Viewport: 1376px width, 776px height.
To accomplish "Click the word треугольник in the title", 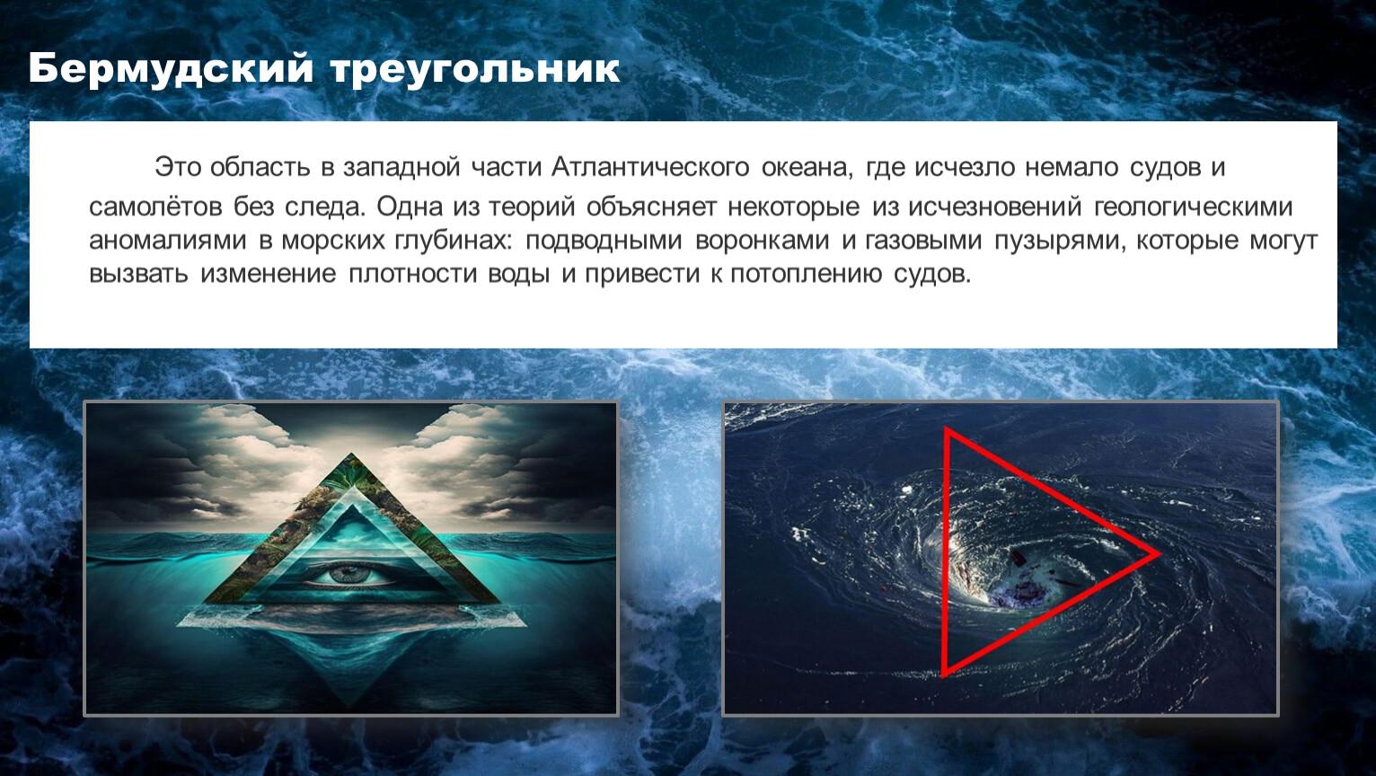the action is click(475, 70).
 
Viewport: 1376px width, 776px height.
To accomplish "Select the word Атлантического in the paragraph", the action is click(650, 167).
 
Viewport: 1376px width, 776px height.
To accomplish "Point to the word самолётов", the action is click(155, 207).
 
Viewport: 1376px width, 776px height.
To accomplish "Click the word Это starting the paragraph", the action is click(178, 167).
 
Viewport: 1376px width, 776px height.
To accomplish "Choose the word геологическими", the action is click(1194, 207).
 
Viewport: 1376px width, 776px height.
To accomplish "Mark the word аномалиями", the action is click(168, 241).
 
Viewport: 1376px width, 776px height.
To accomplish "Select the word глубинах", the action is click(452, 241).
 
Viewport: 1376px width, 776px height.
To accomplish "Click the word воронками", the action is click(763, 240).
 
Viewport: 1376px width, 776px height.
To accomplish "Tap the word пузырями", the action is click(1060, 241).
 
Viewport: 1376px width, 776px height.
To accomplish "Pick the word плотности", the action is click(413, 274).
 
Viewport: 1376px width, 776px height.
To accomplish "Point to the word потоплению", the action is click(807, 274).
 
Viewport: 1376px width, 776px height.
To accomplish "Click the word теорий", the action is click(532, 207).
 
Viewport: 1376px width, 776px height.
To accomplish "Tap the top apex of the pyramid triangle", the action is click(351, 454).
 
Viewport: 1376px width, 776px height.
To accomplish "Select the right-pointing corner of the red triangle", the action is click(1159, 554).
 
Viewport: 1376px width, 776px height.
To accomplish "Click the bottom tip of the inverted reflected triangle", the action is click(351, 707).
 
